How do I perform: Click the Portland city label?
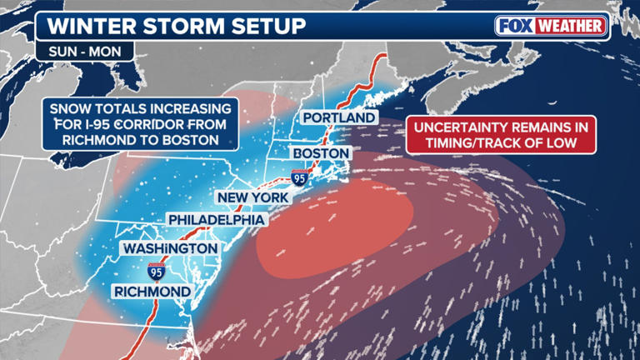[339, 118]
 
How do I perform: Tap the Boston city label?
[320, 154]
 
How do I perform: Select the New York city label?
[252, 197]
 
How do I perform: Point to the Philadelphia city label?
[217, 219]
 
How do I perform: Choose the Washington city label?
[170, 248]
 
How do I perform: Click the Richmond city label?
[152, 291]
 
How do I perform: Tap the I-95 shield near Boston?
[298, 176]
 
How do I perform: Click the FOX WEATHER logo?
[551, 26]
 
